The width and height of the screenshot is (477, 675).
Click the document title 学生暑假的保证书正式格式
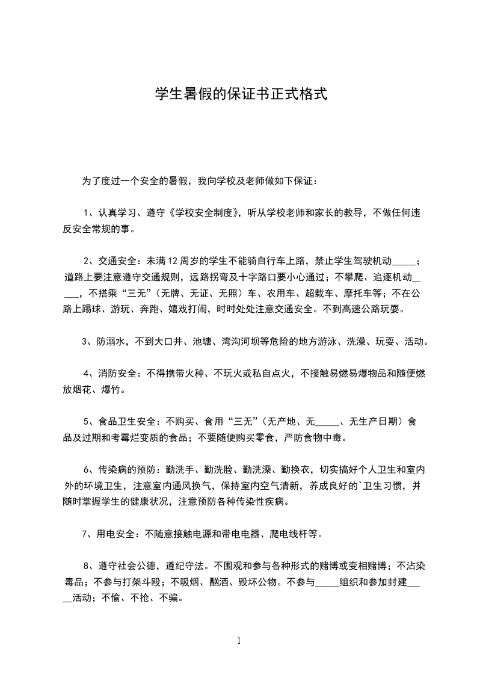pyautogui.click(x=241, y=94)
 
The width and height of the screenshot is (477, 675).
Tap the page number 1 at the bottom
pyautogui.click(x=239, y=641)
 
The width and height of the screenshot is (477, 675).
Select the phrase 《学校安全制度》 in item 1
pyautogui.click(x=204, y=212)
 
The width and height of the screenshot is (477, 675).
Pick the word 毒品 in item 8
pyautogui.click(x=75, y=582)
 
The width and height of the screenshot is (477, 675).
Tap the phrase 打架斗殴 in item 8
pyautogui.click(x=139, y=582)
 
